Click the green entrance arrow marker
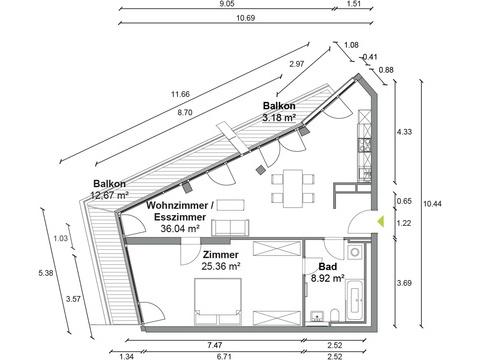(x=381, y=222)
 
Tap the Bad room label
(x=328, y=267)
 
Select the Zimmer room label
(x=221, y=255)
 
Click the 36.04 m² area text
(x=180, y=229)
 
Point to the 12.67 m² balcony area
(x=110, y=195)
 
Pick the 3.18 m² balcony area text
(x=280, y=118)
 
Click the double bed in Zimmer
(x=218, y=302)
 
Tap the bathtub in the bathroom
(x=354, y=300)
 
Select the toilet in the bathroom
(x=335, y=315)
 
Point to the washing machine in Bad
(x=355, y=252)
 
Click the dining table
(x=293, y=188)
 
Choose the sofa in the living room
(x=230, y=228)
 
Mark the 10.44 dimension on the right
(x=432, y=204)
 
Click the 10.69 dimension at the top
(x=246, y=18)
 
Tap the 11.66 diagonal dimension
(x=180, y=94)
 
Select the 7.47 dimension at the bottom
(x=215, y=345)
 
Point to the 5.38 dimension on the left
(x=46, y=273)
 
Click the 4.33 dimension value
(x=404, y=132)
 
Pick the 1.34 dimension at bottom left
(x=126, y=357)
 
